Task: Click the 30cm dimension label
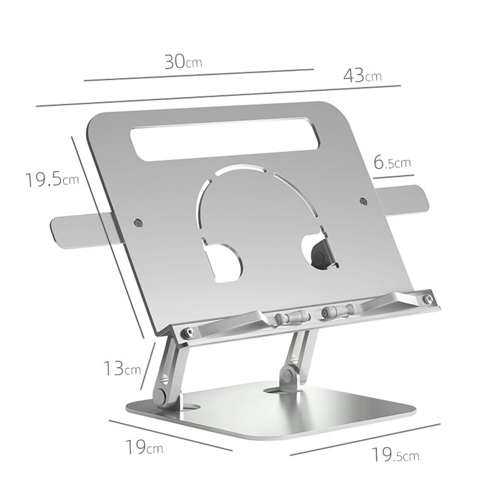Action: click(x=183, y=62)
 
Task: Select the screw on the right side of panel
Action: click(x=363, y=201)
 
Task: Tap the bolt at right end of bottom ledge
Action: click(x=427, y=299)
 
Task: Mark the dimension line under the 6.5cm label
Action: click(x=393, y=176)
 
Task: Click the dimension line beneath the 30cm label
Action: click(x=199, y=75)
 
